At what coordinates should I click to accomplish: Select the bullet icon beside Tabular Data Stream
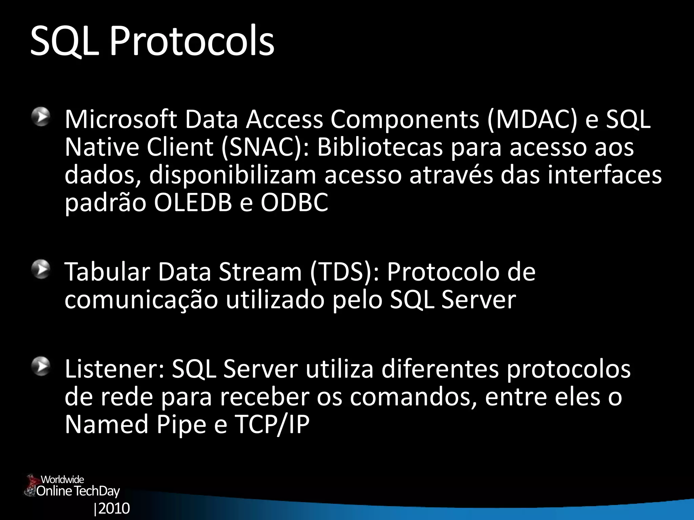[41, 270]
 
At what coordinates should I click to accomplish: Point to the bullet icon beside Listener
[41, 367]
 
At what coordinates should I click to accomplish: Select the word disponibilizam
[232, 175]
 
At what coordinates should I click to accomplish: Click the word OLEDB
[193, 203]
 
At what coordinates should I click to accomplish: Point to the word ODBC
[294, 203]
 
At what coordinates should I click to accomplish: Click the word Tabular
[107, 272]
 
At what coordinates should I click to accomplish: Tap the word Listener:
[115, 369]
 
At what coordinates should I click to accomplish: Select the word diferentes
[440, 369]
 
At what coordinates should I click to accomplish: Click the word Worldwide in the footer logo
[62, 479]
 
